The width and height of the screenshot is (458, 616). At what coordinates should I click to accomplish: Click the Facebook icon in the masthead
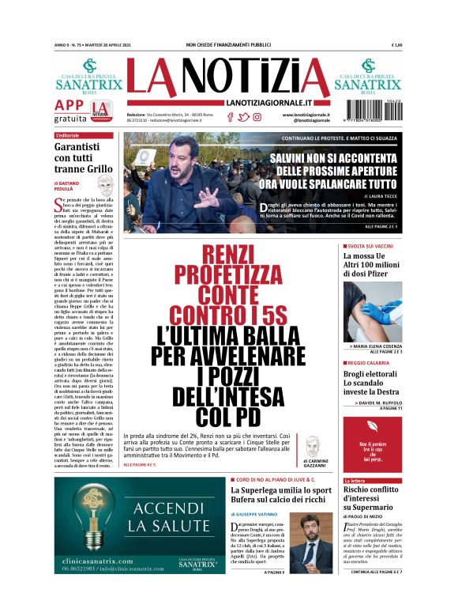pos(230,117)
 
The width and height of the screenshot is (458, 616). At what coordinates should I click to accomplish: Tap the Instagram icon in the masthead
pos(257,117)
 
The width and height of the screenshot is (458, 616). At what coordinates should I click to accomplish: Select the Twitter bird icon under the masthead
pos(243,117)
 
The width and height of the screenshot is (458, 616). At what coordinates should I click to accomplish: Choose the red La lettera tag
pos(354,480)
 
